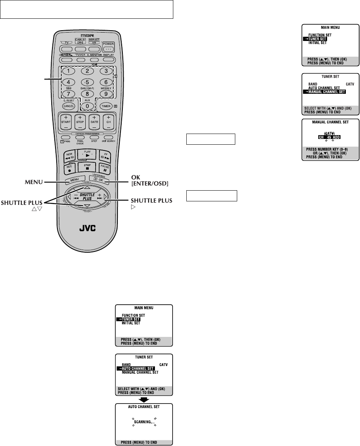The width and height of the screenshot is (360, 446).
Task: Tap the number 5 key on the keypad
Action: pos(87,82)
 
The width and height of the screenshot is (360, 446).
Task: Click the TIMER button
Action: pos(106,106)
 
